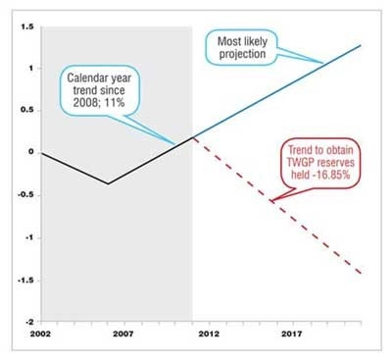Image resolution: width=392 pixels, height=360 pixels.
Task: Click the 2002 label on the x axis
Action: [x=41, y=335]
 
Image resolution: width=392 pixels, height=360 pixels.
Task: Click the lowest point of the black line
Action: [x=108, y=183]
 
